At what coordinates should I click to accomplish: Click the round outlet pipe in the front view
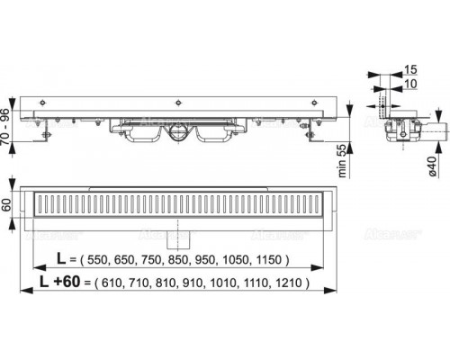click(x=178, y=134)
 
